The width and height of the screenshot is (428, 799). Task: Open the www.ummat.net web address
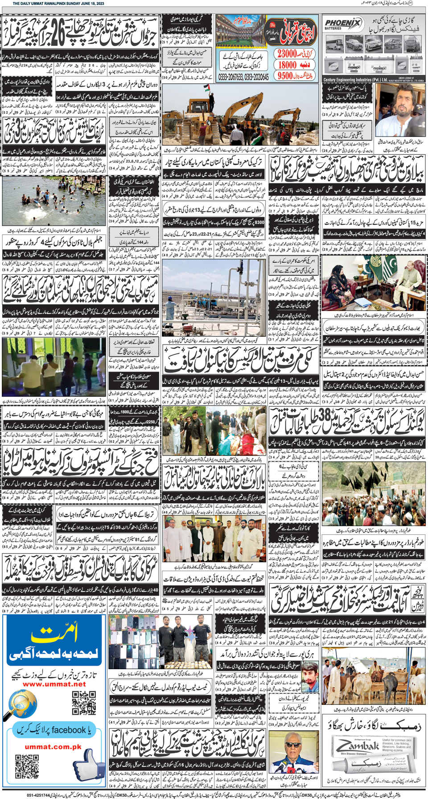point(54,683)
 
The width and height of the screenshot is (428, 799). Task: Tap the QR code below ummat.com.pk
point(27,766)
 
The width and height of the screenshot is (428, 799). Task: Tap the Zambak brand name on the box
point(358,746)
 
